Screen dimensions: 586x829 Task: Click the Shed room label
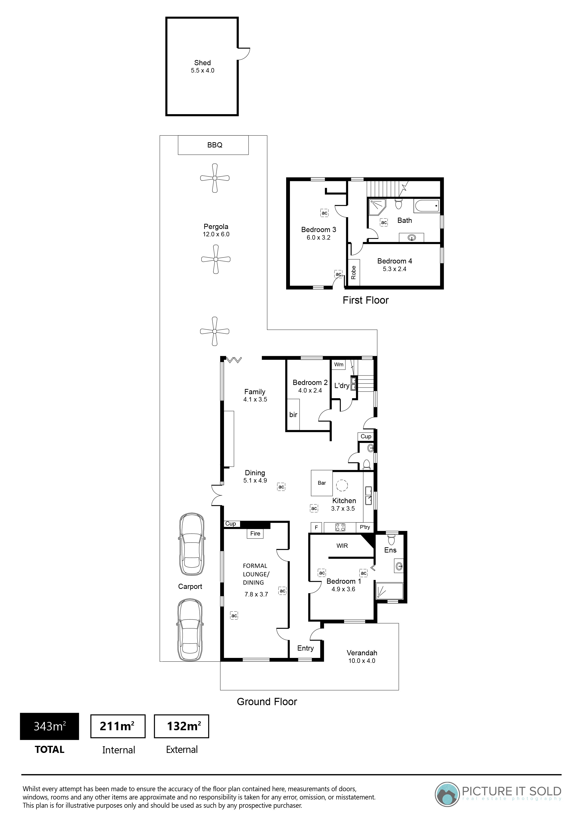click(202, 63)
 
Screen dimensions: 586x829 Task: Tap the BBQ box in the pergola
click(213, 145)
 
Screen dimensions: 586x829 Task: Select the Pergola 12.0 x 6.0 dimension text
click(216, 234)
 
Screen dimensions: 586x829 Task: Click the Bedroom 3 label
click(319, 230)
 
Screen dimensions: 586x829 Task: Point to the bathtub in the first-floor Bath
click(427, 206)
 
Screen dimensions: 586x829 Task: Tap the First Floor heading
click(365, 300)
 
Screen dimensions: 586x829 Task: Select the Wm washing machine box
click(339, 364)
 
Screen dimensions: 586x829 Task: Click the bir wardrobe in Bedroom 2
click(293, 414)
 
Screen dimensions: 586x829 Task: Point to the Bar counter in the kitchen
click(322, 483)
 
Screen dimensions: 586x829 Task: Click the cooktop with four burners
click(340, 527)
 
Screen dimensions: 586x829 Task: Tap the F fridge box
click(316, 527)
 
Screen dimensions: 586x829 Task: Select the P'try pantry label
click(365, 527)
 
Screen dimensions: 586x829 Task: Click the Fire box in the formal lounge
click(255, 533)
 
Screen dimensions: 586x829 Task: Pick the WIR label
click(342, 546)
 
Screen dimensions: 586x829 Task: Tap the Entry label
click(306, 648)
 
